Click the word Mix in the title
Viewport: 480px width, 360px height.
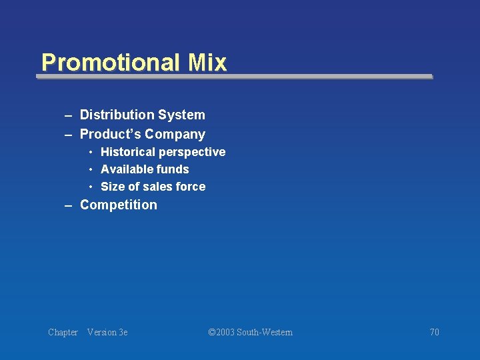pyautogui.click(x=207, y=63)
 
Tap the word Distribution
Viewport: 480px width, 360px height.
pyautogui.click(x=117, y=115)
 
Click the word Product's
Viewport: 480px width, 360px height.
pyautogui.click(x=110, y=134)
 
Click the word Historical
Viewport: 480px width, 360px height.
pyautogui.click(x=127, y=152)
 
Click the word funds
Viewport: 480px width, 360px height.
pyautogui.click(x=173, y=169)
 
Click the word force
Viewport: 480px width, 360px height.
pyautogui.click(x=190, y=187)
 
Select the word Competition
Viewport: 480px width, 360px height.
pyautogui.click(x=119, y=205)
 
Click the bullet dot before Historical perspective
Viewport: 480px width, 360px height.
pyautogui.click(x=91, y=153)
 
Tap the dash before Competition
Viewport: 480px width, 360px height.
pyautogui.click(x=68, y=205)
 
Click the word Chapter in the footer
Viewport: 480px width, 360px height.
pyautogui.click(x=63, y=332)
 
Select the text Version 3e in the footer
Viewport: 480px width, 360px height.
pyautogui.click(x=107, y=332)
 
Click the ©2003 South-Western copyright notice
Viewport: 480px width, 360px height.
pyautogui.click(x=250, y=332)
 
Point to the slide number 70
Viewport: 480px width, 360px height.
pyautogui.click(x=434, y=332)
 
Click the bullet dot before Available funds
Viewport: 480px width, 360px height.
pyautogui.click(x=91, y=170)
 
